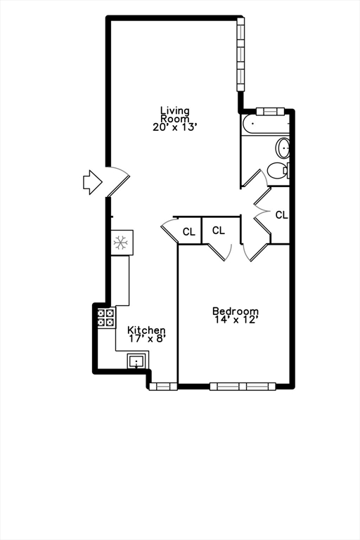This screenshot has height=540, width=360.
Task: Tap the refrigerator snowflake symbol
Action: pos(121,243)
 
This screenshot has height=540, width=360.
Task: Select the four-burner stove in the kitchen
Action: pos(105,317)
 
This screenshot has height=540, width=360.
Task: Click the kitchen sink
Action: pos(136,362)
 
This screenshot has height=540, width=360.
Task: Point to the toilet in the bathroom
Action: pos(278,170)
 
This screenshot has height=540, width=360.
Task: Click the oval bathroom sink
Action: pos(283,148)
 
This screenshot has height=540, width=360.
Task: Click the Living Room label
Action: pos(174,115)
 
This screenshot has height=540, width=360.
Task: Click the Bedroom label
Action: pos(236,311)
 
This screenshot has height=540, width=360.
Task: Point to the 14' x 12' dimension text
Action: pos(236,320)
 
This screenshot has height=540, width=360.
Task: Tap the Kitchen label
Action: pos(146,330)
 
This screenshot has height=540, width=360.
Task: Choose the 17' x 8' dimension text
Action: pos(146,339)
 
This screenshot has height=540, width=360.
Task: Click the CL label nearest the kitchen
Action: pos(188,231)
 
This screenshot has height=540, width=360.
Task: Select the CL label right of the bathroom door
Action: pos(281,215)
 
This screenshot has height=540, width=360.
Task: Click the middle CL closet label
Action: pos(218,230)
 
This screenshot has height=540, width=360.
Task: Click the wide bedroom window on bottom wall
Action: pos(243,385)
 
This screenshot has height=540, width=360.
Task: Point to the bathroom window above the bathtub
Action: pos(269,110)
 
